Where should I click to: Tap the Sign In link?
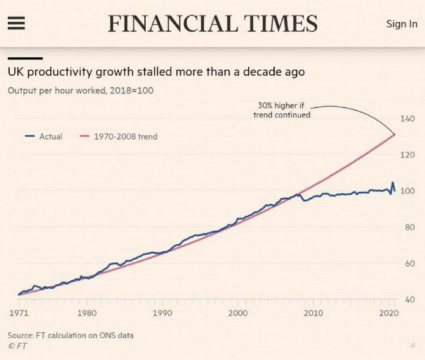click(402, 24)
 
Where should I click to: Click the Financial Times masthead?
click(212, 23)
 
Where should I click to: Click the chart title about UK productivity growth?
click(156, 72)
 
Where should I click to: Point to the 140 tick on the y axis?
click(407, 119)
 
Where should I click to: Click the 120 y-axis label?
click(407, 155)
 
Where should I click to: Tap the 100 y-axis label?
click(407, 191)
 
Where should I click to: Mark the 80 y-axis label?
click(409, 227)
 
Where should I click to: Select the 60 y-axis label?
click(409, 264)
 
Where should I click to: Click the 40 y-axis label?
click(409, 300)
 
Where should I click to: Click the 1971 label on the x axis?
click(19, 313)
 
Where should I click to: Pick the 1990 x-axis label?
click(163, 313)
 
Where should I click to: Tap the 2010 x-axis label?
click(313, 313)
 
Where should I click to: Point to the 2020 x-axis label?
click(388, 313)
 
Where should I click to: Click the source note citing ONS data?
click(70, 335)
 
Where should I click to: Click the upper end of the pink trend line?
click(394, 134)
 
